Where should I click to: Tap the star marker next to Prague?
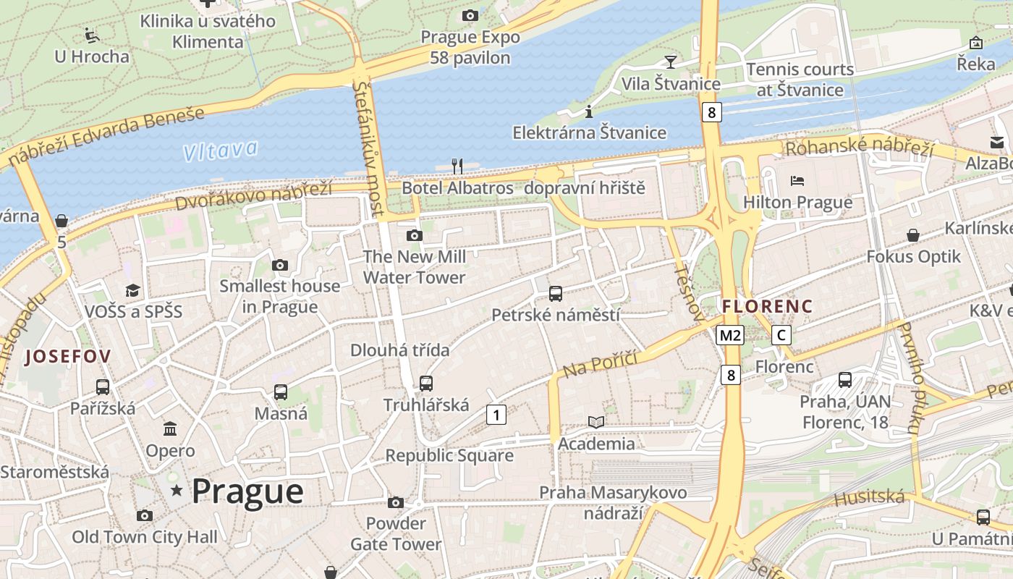pyautogui.click(x=177, y=491)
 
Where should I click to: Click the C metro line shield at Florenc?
pyautogui.click(x=781, y=335)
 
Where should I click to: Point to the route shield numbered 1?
pyautogui.click(x=496, y=415)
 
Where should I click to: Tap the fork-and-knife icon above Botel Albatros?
pyautogui.click(x=457, y=166)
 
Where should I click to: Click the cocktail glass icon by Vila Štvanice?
pyautogui.click(x=671, y=62)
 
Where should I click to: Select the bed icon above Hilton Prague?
pyautogui.click(x=797, y=180)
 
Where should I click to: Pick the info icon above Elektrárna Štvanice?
pyautogui.click(x=589, y=111)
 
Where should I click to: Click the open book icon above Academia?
pyautogui.click(x=595, y=422)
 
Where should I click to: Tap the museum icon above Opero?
pyautogui.click(x=170, y=429)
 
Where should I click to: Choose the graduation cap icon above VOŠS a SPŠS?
pyautogui.click(x=132, y=290)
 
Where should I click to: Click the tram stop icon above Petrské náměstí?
pyautogui.click(x=555, y=294)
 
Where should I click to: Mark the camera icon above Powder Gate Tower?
pyautogui.click(x=395, y=502)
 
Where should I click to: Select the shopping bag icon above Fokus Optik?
pyautogui.click(x=913, y=235)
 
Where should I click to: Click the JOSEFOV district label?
pyautogui.click(x=68, y=356)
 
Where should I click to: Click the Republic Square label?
pyautogui.click(x=449, y=455)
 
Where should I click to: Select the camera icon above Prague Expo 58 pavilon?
pyautogui.click(x=470, y=15)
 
